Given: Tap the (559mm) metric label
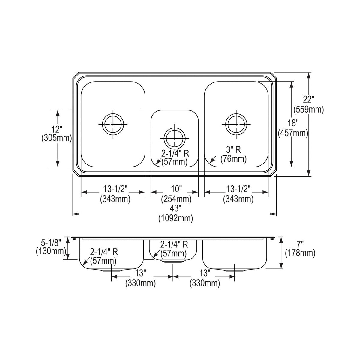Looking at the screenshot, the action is coord(309,109).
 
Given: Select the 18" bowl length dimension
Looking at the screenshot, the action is coord(293,123).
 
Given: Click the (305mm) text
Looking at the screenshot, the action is coord(57,138).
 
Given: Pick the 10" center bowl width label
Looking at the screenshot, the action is coord(176,189).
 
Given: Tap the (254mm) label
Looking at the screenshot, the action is coord(176,199).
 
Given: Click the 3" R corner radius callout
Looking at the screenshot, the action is coord(233,150).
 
